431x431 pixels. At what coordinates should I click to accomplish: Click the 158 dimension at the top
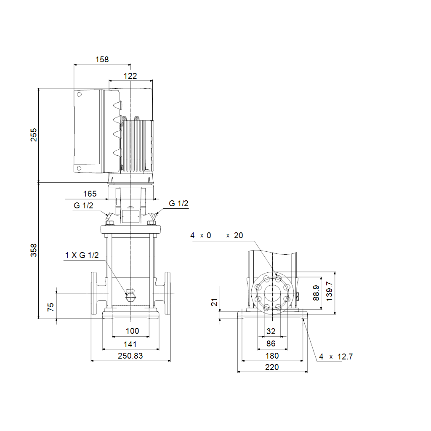coord(102,59)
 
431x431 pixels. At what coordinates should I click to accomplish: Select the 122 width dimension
coord(130,76)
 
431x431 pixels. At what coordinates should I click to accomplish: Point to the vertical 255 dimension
coord(34,135)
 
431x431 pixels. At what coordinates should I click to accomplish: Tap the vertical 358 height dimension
coord(34,250)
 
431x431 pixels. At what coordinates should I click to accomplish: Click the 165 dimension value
coord(90,194)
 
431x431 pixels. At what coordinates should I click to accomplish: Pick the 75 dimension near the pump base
coord(51,307)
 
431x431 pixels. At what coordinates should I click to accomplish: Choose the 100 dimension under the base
coord(133,331)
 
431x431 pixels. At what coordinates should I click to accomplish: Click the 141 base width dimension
coord(130,344)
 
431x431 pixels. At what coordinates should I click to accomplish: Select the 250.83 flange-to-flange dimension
coord(130,356)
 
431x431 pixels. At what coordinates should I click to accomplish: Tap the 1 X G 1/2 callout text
coord(82,255)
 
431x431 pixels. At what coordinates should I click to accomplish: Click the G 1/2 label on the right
coord(178,203)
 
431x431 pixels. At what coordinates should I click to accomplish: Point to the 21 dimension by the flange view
coord(214,302)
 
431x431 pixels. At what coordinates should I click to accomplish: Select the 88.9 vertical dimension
coord(316,293)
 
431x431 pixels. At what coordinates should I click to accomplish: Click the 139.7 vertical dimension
coord(329,291)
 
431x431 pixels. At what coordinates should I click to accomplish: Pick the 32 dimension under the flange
coord(271,331)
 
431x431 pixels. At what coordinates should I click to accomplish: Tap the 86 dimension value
coord(271,343)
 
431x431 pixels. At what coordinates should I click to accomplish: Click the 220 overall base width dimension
coord(272,367)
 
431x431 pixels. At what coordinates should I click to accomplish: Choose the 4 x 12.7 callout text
coord(336,357)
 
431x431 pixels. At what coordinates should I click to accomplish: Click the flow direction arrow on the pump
coord(131,291)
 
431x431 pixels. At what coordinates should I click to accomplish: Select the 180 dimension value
coord(272,356)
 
